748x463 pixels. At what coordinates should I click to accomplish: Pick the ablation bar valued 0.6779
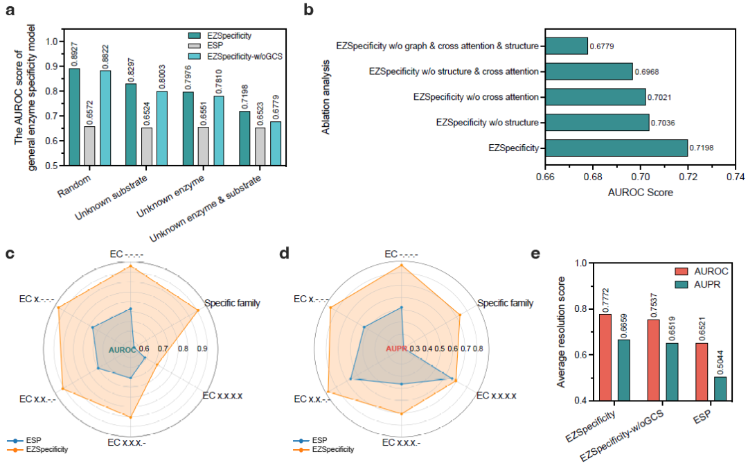[x=566, y=46]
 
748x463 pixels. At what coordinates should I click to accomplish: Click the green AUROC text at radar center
[x=123, y=349]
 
